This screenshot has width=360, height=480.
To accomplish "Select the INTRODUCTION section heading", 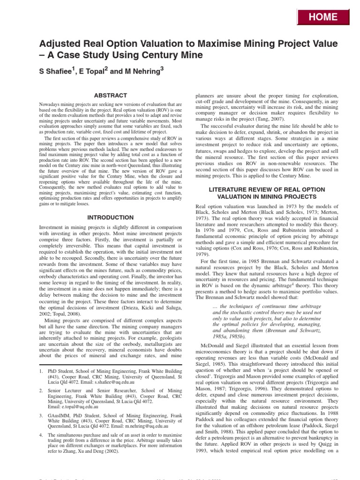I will pos(111,217).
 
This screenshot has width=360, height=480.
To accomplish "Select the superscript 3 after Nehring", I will pos(162,68).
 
